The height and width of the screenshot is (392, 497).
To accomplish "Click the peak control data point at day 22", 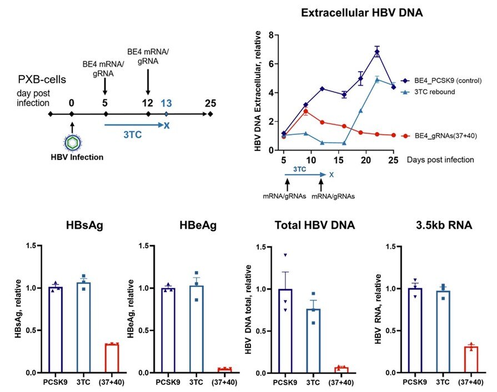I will coord(377,52).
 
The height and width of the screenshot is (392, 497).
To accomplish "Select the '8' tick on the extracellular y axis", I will coord(271,34).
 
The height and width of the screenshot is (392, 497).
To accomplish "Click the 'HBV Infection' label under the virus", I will coord(72,157).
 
